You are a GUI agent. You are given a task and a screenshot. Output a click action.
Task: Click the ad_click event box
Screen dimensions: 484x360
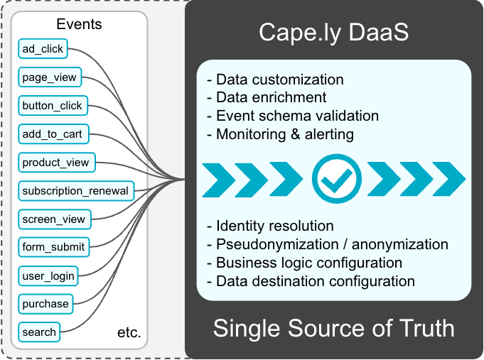[x=43, y=48]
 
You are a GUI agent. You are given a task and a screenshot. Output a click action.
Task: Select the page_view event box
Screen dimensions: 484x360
[x=50, y=77]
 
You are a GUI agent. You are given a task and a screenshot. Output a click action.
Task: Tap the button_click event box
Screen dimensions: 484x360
[x=53, y=106]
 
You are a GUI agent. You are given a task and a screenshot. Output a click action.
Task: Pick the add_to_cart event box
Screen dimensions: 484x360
[x=53, y=134]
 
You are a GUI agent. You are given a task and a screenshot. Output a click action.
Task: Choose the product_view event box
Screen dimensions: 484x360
[x=57, y=163]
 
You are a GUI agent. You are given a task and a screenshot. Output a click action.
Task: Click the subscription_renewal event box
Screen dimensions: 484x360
[x=76, y=191]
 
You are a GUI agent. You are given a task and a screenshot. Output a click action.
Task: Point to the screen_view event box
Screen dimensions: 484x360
[x=55, y=219]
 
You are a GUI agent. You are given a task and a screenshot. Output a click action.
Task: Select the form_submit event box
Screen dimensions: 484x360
[x=54, y=247]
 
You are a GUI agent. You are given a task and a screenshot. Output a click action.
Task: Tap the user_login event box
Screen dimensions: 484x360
[x=48, y=276]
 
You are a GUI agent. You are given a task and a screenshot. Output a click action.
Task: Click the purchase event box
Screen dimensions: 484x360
[x=45, y=304]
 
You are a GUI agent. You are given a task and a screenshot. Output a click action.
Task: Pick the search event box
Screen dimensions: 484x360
[x=39, y=332]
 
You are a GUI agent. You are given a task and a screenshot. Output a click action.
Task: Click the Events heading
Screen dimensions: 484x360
[x=79, y=24]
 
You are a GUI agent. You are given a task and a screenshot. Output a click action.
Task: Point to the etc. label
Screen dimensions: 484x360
[x=129, y=332]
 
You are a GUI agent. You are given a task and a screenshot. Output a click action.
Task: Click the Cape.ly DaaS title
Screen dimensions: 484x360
[x=333, y=33]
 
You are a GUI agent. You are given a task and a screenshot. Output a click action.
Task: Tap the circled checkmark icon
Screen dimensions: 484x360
[x=336, y=179]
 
